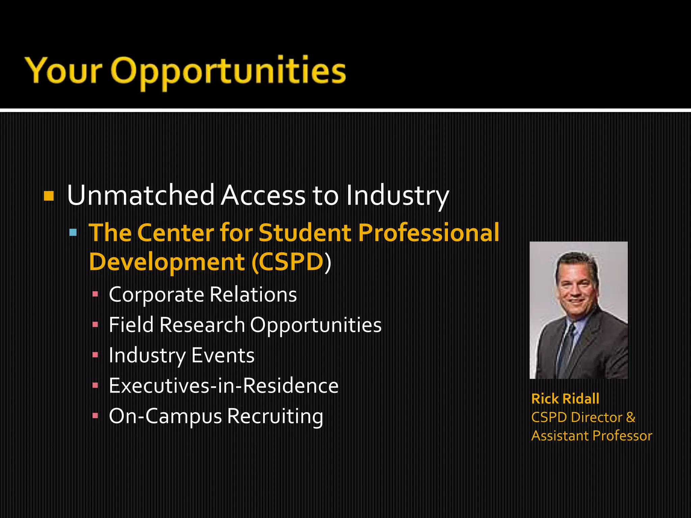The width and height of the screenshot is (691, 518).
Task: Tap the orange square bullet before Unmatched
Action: (x=49, y=196)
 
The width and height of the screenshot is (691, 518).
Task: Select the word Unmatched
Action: (x=141, y=195)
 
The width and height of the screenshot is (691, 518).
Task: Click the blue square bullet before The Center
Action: (x=73, y=232)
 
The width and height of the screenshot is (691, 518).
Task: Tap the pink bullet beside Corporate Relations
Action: (x=95, y=294)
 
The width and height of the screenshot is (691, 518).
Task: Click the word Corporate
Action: (x=156, y=295)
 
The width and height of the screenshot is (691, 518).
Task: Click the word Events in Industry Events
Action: (x=223, y=355)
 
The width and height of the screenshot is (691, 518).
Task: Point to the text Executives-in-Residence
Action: (x=223, y=386)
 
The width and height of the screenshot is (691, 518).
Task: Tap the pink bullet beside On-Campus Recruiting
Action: (x=95, y=416)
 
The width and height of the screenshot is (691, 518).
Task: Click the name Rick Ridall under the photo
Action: (x=565, y=399)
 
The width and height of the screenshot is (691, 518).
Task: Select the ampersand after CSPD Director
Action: (x=630, y=418)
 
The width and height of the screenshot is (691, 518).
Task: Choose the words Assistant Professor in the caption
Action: (x=591, y=436)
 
